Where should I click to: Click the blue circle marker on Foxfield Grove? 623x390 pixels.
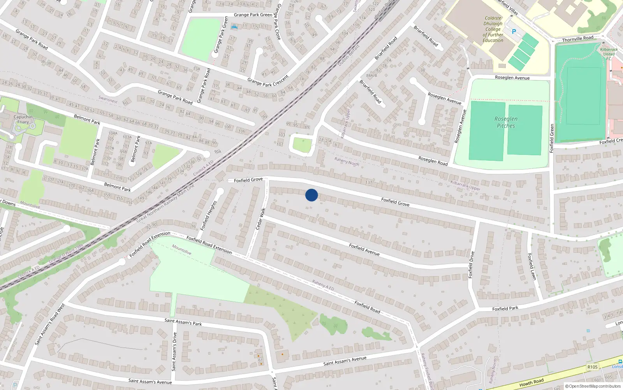311,195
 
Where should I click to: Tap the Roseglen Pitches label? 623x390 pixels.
506,122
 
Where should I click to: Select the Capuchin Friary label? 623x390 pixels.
23,119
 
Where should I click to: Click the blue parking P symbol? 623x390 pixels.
514,32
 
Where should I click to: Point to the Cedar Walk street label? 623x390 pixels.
260,219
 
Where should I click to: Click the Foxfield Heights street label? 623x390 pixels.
208,216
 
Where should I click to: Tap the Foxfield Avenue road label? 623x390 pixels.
364,250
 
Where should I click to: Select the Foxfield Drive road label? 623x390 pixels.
471,265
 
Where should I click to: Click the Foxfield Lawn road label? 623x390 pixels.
532,266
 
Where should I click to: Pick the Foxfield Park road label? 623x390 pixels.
505,308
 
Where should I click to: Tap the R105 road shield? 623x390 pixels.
592,367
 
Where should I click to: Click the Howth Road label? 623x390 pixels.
531,383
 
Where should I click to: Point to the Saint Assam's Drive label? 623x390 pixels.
174,351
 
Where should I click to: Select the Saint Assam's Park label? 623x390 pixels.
183,322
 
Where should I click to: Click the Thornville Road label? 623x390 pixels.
577,39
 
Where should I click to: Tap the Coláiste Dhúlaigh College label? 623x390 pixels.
493,29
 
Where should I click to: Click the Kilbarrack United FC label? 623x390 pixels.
609,54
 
